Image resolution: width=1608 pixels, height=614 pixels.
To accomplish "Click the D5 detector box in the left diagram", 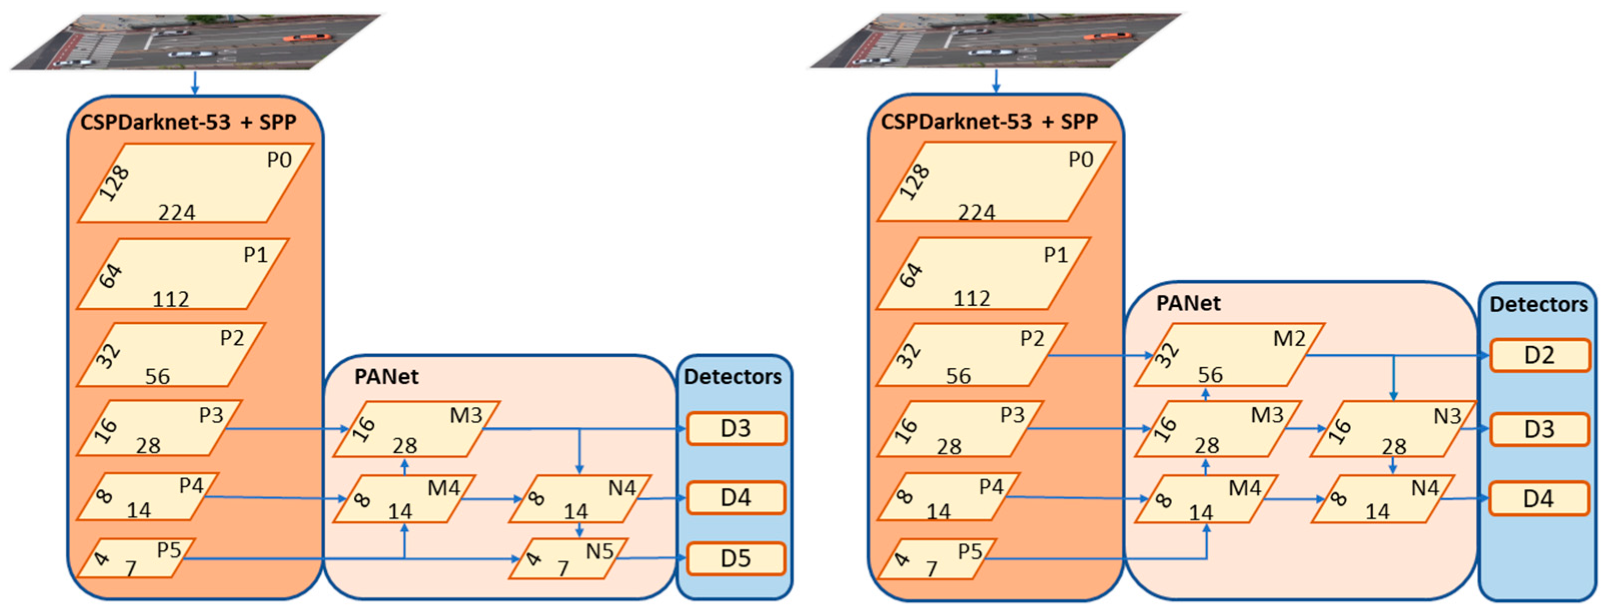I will [x=735, y=558].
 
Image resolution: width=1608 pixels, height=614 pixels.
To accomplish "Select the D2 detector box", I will [x=1539, y=355].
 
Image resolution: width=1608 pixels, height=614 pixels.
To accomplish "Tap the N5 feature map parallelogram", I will [x=568, y=558].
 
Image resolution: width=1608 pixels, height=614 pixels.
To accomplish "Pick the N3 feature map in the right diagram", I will [x=1392, y=429].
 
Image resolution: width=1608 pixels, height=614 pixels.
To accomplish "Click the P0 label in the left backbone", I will [x=279, y=160].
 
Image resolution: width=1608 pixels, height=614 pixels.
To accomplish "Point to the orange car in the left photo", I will [x=307, y=38].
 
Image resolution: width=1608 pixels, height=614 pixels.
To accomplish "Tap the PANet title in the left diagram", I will [x=386, y=376].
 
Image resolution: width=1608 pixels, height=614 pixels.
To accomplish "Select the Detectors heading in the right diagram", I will [x=1538, y=305].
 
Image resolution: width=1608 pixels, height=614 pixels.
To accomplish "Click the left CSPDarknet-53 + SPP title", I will [x=188, y=122].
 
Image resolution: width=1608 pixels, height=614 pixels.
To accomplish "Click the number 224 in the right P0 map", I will [x=976, y=213].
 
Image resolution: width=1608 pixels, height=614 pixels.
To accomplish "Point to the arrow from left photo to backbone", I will [x=195, y=83].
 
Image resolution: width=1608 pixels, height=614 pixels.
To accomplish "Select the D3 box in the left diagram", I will [x=735, y=429].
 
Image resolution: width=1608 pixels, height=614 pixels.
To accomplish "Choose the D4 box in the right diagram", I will [x=1538, y=498].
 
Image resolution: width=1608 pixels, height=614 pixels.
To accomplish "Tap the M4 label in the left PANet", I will [x=443, y=488].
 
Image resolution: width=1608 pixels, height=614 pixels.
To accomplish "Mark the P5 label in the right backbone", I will [x=969, y=551].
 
